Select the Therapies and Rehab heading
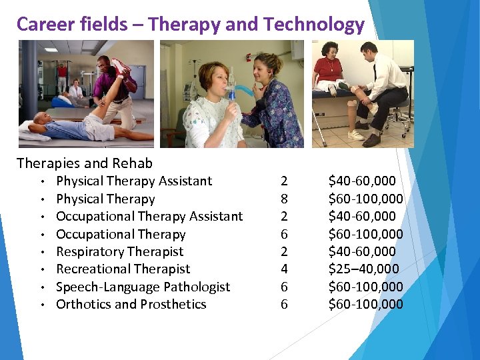84,163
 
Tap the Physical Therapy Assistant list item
134,181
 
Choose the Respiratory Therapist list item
119,252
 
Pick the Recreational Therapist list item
123,269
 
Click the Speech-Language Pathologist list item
143,287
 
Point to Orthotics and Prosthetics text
131,305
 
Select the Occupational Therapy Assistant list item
149,217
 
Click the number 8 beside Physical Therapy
285,199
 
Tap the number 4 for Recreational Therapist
285,269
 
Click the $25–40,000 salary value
363,269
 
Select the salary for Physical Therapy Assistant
362,181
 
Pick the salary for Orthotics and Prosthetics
365,305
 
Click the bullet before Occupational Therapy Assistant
41,217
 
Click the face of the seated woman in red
331,51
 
